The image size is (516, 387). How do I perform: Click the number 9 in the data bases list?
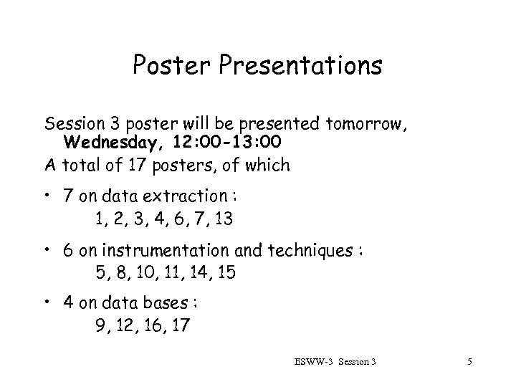[100, 326]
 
